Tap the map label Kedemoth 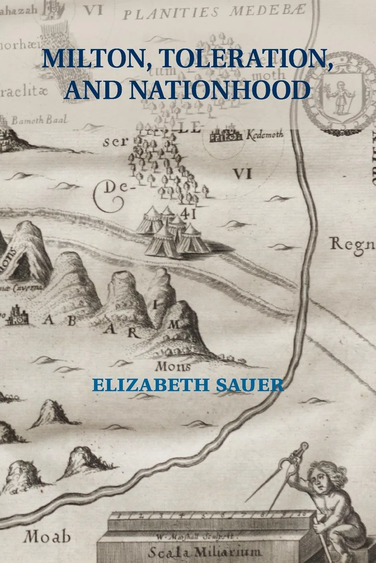tap(264, 135)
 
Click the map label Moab tap(47, 537)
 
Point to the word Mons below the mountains tap(173, 366)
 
